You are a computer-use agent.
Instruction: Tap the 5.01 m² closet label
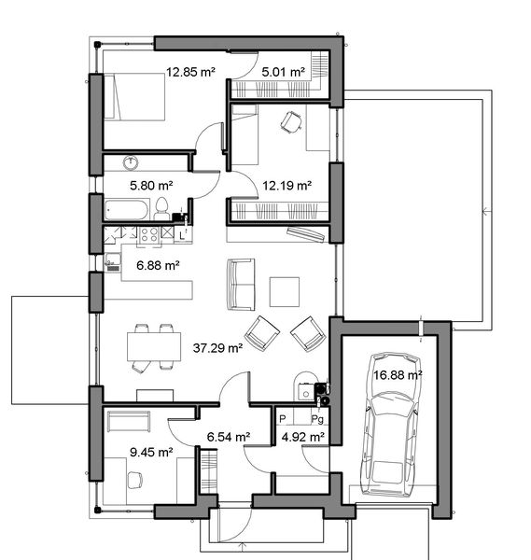(284, 71)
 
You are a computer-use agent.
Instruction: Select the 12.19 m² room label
(286, 185)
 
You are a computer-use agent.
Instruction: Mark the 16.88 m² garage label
(398, 374)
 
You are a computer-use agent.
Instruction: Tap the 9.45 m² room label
(152, 453)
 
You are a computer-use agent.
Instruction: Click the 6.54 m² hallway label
(228, 436)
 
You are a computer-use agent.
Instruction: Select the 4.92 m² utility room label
(302, 436)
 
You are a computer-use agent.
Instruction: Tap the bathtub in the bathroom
(126, 208)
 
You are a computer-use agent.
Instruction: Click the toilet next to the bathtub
(161, 207)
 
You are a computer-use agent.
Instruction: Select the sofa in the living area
(240, 284)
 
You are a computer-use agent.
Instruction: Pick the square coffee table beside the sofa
(285, 292)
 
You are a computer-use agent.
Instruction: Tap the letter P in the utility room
(283, 420)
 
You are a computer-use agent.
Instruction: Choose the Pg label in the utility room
(316, 420)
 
